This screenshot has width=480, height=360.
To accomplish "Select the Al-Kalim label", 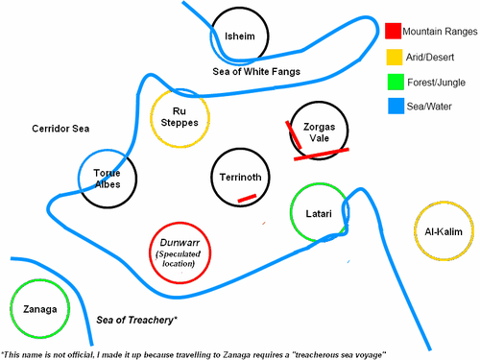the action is [444, 231].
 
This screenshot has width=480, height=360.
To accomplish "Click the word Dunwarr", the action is [179, 244].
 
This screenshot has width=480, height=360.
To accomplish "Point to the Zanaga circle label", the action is [36, 309].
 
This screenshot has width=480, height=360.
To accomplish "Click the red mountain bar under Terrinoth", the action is [247, 198].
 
